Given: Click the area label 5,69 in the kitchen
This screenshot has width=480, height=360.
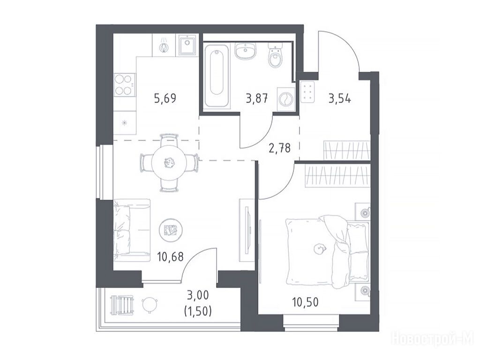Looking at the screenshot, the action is coord(165,99).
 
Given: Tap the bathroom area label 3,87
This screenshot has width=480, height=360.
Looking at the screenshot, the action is coord(257,99).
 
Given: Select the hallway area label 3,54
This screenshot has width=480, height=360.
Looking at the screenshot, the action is coord(340,99).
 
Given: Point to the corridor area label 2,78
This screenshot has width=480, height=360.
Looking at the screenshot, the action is coord(279,148).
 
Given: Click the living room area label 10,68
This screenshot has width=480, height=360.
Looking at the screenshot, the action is coord(170,256).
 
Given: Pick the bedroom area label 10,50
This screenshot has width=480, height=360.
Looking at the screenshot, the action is coord(305,302).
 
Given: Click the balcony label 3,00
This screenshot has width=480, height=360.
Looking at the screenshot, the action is coord(198,295).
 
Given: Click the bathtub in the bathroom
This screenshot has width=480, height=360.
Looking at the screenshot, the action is coord(217,76).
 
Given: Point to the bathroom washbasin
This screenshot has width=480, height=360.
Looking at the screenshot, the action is coord(246,51).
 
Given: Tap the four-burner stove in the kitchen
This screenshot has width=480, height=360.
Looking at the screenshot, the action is coord(124,85).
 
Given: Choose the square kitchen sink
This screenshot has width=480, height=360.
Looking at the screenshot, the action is coord(187,45).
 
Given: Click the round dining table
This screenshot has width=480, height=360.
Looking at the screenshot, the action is coord(169,163).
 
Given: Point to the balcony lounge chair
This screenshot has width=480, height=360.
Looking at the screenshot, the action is coord(122,305).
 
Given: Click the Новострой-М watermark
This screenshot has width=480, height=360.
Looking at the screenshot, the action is coord(433,339).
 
